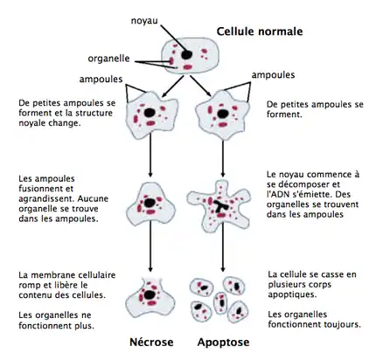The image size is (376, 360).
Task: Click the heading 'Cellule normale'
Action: coord(260,32)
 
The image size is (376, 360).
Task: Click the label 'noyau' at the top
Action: coord(144,19)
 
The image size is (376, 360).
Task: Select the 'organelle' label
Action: coord(109,59)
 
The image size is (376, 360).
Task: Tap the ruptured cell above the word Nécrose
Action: coord(151,295)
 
